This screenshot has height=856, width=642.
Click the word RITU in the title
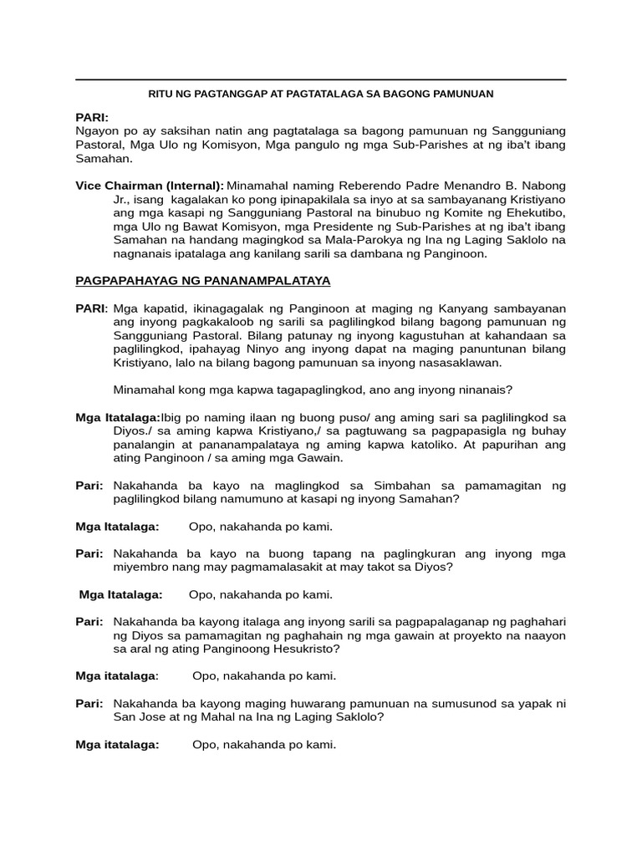click(x=161, y=94)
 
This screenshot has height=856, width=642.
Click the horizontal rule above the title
click(x=321, y=80)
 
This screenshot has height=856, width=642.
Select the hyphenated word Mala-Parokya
click(x=345, y=241)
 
